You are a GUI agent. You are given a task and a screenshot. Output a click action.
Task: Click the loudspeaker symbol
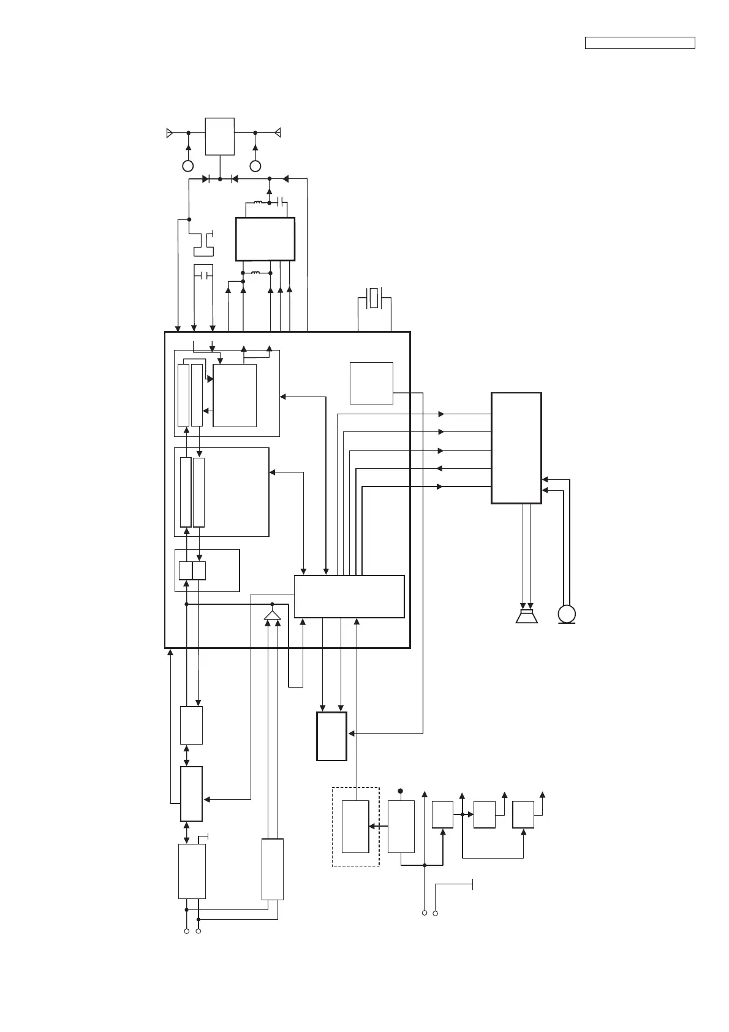point(526,616)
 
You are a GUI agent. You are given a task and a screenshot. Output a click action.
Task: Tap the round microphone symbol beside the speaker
point(567,613)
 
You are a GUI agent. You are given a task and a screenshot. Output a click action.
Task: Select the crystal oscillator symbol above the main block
point(374,299)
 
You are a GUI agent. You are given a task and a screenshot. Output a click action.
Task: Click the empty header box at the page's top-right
point(640,43)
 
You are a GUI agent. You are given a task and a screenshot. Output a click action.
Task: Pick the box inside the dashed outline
point(355,826)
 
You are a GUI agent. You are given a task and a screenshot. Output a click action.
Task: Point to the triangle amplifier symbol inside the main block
point(273,615)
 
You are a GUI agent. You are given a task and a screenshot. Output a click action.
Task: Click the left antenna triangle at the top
point(170,132)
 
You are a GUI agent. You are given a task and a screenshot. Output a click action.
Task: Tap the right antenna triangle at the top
point(278,132)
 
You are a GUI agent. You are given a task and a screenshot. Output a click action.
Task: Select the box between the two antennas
point(219,136)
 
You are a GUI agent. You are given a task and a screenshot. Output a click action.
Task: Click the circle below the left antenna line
point(188,166)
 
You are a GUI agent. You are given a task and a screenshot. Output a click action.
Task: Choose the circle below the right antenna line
point(255,166)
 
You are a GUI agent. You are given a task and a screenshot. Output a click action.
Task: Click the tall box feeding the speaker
point(516,448)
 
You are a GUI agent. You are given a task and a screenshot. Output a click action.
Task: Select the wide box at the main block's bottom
point(349,596)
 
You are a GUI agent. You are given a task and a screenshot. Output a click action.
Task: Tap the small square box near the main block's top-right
point(371,383)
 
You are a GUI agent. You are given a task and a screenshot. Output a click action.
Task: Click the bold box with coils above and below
point(265,239)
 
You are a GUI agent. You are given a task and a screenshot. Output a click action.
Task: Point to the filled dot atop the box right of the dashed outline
point(401,791)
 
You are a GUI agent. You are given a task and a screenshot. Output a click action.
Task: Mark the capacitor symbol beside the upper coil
point(281,202)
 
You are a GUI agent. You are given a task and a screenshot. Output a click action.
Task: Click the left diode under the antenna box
point(206,179)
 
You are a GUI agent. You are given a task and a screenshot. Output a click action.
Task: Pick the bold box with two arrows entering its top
point(331,736)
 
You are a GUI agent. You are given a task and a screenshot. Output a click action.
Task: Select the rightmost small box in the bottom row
point(523,814)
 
